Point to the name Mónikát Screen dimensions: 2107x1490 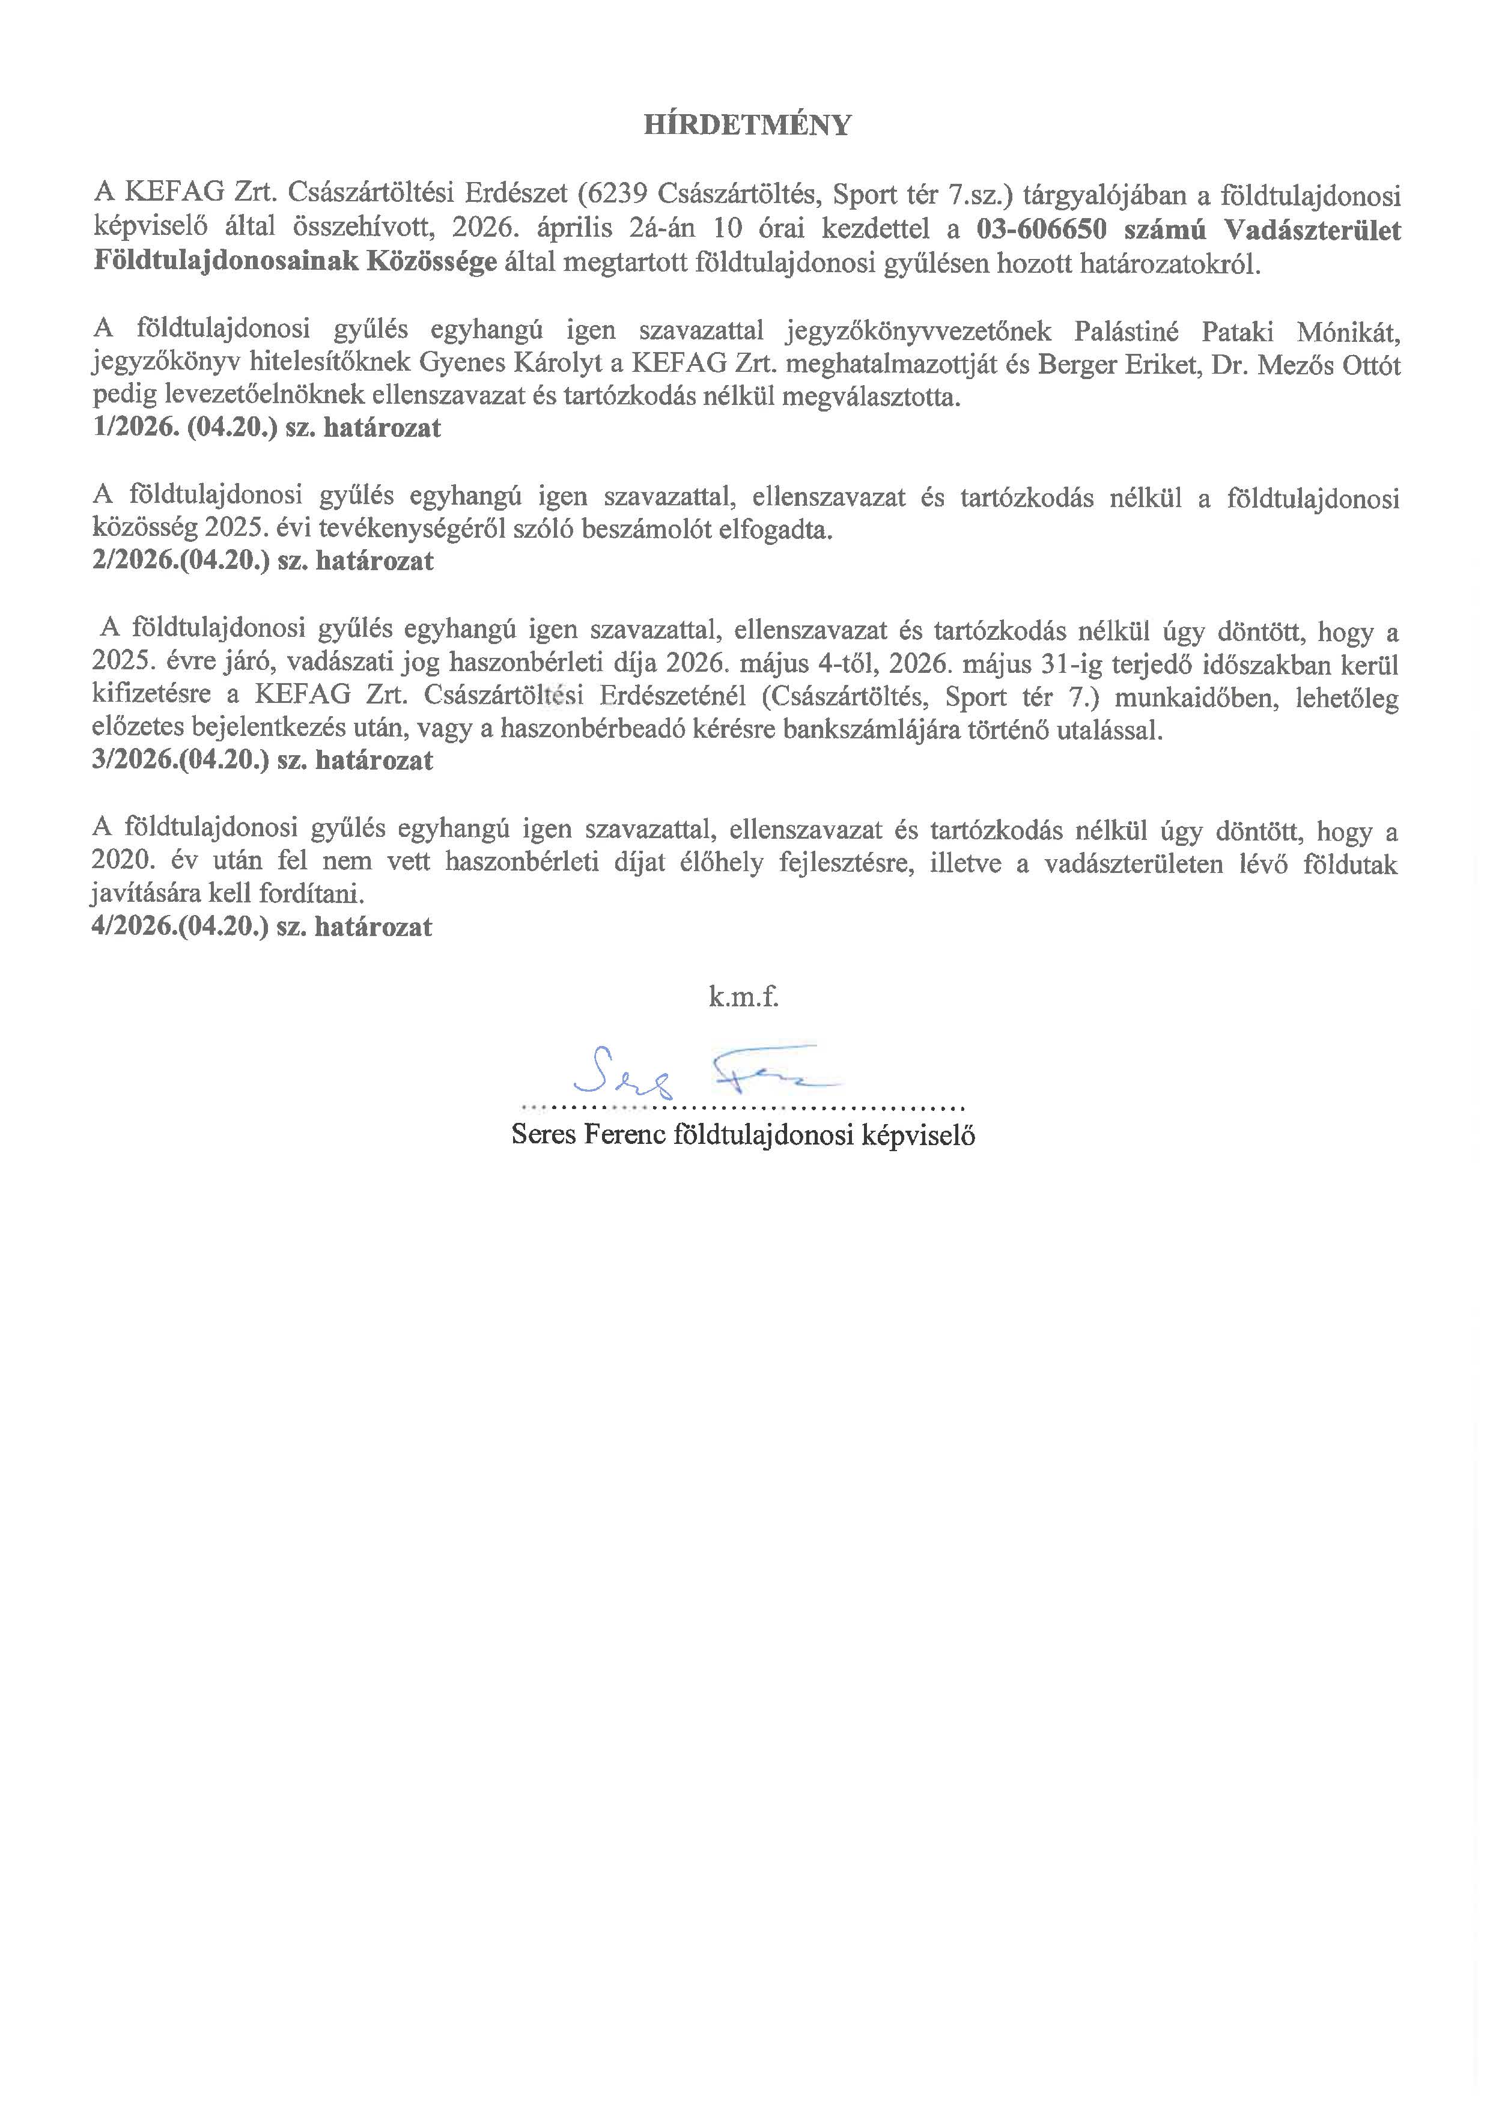click(x=1349, y=330)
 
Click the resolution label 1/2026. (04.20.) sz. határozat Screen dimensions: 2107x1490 click(x=267, y=428)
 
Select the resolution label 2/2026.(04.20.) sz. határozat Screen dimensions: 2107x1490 click(x=263, y=561)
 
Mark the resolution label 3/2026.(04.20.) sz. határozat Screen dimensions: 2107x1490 click(x=263, y=761)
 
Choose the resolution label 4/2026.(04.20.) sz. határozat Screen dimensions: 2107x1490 click(x=263, y=927)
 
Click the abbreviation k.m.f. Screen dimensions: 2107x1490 click(x=743, y=997)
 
